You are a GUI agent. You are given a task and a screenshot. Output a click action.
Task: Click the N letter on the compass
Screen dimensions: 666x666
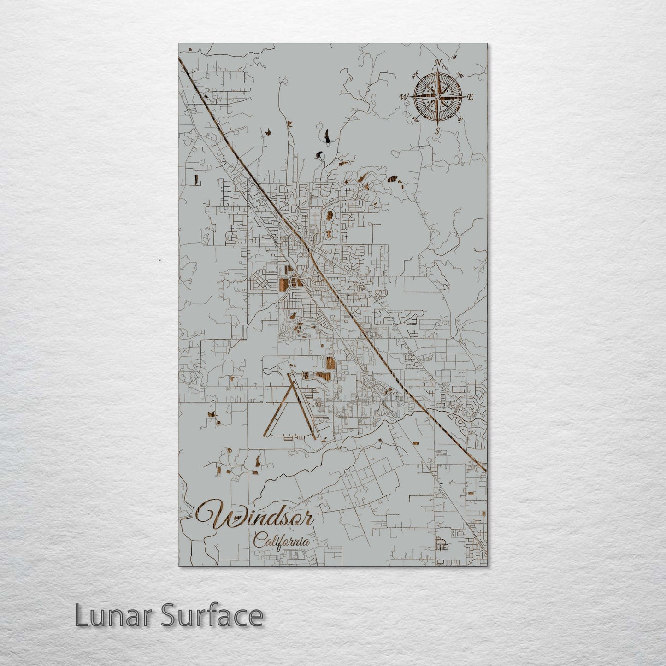click(438, 63)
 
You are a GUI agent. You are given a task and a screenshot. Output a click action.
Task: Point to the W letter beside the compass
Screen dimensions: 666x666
click(404, 97)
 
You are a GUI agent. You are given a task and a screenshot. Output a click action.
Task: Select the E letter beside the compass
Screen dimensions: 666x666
click(471, 97)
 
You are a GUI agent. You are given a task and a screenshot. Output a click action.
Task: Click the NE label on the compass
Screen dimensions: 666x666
click(460, 75)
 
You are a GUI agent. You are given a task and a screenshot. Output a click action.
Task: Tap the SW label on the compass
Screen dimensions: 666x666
click(415, 119)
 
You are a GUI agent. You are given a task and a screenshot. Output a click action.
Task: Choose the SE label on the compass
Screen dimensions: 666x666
click(460, 119)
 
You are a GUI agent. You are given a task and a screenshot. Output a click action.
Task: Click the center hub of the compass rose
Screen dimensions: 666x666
click(437, 97)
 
